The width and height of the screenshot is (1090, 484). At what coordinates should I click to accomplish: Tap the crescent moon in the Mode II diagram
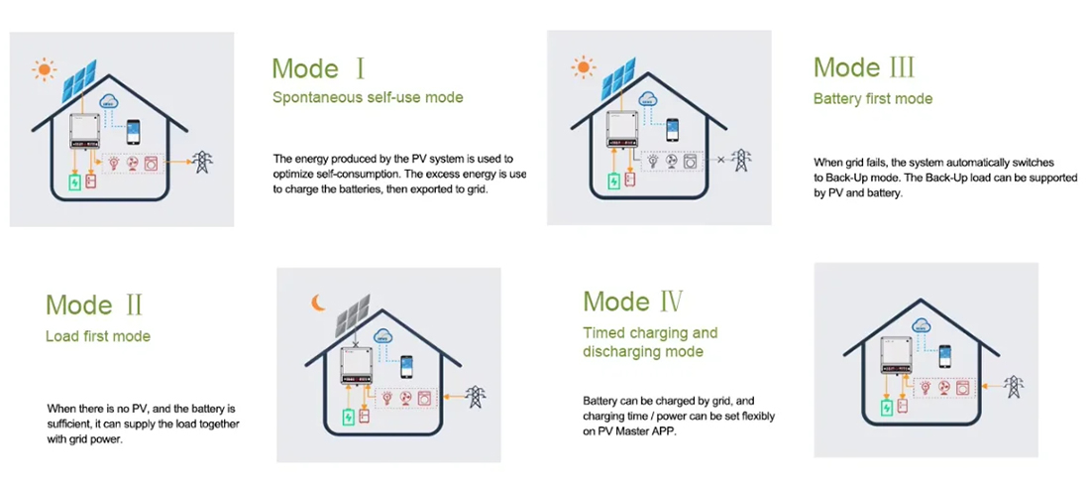(318, 302)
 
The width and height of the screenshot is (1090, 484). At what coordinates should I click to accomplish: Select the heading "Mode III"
(864, 68)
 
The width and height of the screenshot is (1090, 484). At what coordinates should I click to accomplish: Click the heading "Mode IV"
(633, 302)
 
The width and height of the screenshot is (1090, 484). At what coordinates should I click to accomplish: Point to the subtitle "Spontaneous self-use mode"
(368, 98)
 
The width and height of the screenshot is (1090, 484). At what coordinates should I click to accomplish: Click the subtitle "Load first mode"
(98, 336)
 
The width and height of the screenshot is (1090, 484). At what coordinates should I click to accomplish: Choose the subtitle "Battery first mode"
(873, 99)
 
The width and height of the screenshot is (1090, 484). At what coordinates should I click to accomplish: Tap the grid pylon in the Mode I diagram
(202, 162)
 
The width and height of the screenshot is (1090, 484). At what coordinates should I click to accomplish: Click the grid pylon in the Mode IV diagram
(1013, 387)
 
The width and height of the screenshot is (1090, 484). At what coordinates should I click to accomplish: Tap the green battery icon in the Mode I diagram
(73, 182)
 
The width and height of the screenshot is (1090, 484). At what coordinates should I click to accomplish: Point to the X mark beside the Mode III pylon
(720, 160)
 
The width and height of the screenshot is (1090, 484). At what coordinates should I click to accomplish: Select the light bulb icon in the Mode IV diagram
(926, 388)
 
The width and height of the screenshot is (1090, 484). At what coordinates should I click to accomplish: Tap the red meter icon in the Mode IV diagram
(903, 406)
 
